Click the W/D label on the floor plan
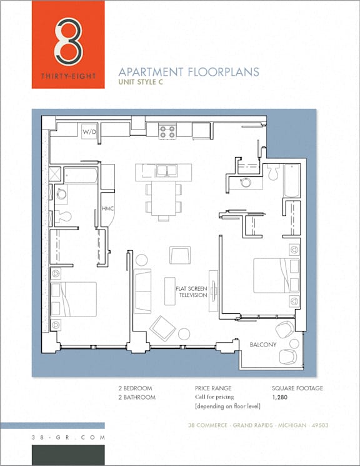(89, 132)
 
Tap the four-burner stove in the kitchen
(167, 131)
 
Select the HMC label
(108, 209)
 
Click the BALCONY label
(263, 345)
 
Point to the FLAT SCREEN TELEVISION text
(191, 292)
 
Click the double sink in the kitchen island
(167, 171)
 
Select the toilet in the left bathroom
(63, 216)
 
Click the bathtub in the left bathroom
(81, 176)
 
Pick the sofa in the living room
(142, 291)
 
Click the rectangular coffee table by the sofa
(170, 291)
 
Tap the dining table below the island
(163, 198)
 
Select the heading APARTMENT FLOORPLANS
(189, 72)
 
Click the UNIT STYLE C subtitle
(141, 82)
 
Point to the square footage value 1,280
(280, 397)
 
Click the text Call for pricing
(214, 397)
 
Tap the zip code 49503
(320, 425)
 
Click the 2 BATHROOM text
(137, 397)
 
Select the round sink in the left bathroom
(61, 195)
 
